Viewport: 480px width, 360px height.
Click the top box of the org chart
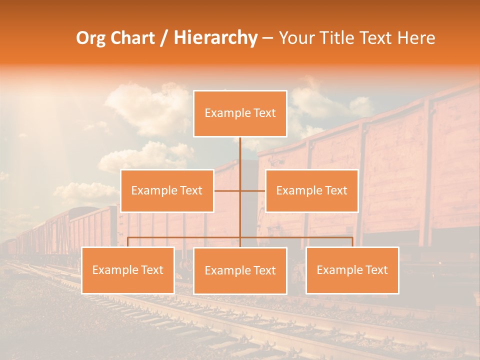click(240, 113)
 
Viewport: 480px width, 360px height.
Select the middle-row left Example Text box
click(167, 190)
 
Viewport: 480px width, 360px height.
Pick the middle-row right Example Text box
click(311, 190)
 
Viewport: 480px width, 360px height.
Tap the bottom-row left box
click(127, 270)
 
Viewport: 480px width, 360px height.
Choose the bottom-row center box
click(240, 271)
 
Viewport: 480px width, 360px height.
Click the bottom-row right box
click(352, 270)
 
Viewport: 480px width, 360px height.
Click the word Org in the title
click(91, 38)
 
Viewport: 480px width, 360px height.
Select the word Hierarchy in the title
click(215, 38)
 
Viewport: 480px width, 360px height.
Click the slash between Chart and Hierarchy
click(163, 38)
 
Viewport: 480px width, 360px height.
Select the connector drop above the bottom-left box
click(127, 242)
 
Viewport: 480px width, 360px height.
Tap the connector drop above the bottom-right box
click(352, 242)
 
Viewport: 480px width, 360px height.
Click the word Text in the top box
click(264, 113)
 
